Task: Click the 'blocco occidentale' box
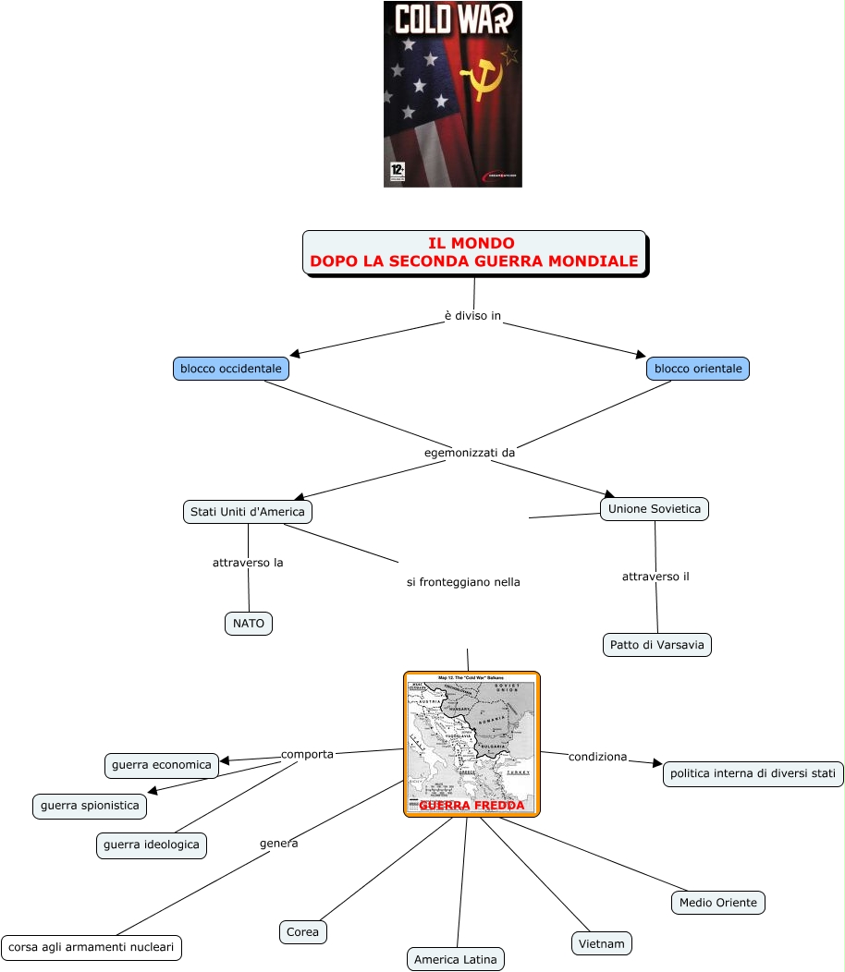pos(231,369)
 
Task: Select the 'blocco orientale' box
pos(698,369)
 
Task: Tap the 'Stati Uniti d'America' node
pos(248,511)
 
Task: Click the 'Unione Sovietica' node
pos(655,509)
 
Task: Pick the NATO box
pos(249,624)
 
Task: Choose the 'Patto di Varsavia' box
pos(657,644)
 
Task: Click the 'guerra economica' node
pos(162,764)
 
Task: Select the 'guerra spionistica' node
pos(90,806)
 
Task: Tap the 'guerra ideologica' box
pos(152,844)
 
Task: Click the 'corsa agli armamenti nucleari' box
pos(92,947)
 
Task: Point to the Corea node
pos(302,932)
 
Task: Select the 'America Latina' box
pos(456,959)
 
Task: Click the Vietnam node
pos(602,943)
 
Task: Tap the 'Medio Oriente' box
pos(717,903)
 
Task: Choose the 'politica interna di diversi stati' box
pos(753,774)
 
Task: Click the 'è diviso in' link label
pos(472,316)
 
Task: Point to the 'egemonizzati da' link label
pos(469,453)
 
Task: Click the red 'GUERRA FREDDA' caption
pos(471,805)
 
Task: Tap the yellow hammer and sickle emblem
pos(483,78)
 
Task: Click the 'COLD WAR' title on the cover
pos(452,19)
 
